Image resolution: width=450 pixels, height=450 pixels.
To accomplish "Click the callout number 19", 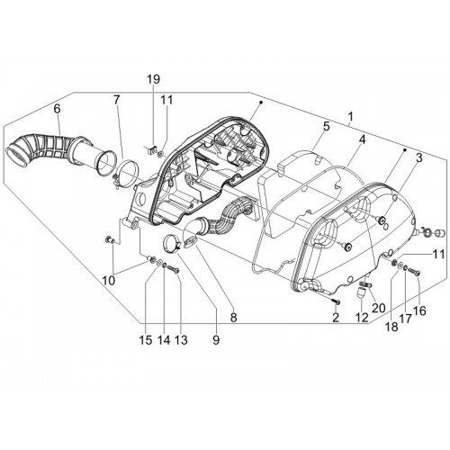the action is coord(153,79).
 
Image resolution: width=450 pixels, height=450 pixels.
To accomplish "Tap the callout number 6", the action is coord(57,109).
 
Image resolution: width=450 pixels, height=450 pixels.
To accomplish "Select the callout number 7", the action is coord(116,100).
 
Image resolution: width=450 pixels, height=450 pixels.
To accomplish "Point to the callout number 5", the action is coord(327,126).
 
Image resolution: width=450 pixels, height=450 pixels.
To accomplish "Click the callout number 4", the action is coord(363,139).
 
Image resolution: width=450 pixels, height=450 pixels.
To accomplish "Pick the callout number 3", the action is coord(418,157).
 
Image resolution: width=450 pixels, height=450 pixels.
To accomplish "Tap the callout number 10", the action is coord(109,281).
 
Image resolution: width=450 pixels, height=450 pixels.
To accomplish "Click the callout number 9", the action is coord(216,340).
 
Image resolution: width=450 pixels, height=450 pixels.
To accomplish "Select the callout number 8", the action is coord(233,317).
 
